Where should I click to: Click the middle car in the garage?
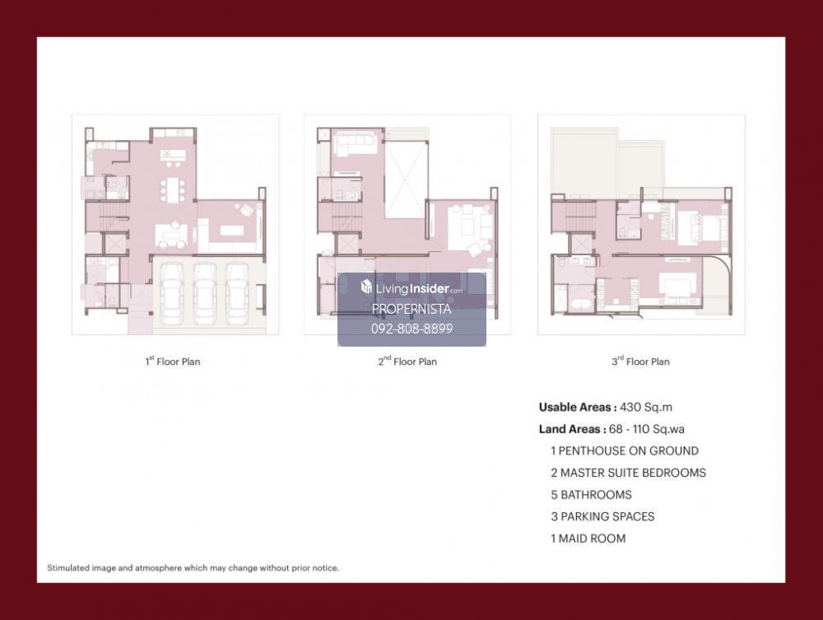pyautogui.click(x=205, y=293)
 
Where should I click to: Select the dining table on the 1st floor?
pyautogui.click(x=173, y=190)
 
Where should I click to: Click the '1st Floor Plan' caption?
pyautogui.click(x=173, y=361)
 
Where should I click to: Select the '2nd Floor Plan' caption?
pyautogui.click(x=407, y=361)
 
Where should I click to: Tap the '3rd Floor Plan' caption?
pyautogui.click(x=640, y=361)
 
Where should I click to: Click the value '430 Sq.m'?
pyautogui.click(x=646, y=408)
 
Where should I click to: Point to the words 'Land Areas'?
pyautogui.click(x=569, y=430)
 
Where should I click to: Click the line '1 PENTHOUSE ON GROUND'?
pyautogui.click(x=625, y=451)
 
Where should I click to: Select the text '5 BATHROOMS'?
pyautogui.click(x=591, y=495)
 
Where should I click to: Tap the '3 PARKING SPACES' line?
pyautogui.click(x=602, y=516)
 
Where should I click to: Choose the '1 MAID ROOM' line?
pyautogui.click(x=588, y=538)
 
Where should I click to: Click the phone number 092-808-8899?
pyautogui.click(x=412, y=329)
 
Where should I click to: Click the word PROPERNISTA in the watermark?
pyautogui.click(x=411, y=310)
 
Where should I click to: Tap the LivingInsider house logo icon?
pyautogui.click(x=366, y=287)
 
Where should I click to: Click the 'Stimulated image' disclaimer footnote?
pyautogui.click(x=193, y=568)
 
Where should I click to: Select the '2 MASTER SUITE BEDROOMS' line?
pyautogui.click(x=628, y=473)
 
